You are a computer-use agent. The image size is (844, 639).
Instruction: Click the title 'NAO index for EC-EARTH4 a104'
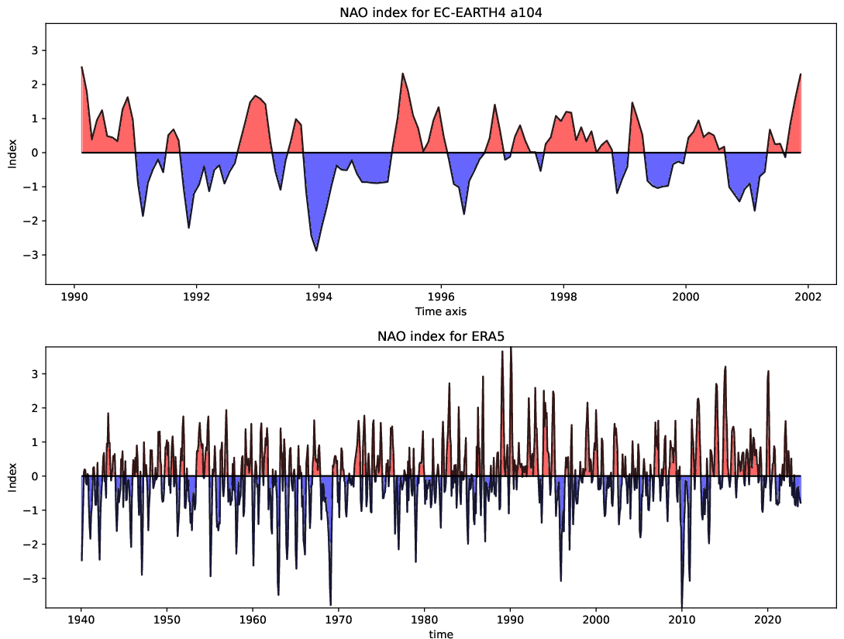point(441,12)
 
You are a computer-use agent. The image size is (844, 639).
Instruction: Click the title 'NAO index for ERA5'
point(441,336)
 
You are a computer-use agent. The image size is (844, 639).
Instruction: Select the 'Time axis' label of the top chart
point(441,311)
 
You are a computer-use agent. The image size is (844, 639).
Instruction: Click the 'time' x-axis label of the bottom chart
point(441,634)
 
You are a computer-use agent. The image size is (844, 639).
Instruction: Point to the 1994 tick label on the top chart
point(319,297)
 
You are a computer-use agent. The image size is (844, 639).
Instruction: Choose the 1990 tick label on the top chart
point(74,297)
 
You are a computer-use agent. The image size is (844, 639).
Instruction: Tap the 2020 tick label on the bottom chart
point(767,620)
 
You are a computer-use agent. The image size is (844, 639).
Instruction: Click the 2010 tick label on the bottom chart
point(681,620)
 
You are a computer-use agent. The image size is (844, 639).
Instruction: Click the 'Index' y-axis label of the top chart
point(12,153)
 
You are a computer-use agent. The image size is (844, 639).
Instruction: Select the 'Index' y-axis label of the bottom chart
point(12,476)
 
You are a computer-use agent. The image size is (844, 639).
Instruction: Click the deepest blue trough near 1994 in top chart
point(316,250)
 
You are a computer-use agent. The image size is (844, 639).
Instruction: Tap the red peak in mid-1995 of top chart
point(403,74)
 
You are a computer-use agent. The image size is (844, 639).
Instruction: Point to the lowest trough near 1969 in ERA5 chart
point(330,603)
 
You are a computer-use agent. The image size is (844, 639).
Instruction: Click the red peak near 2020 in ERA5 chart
point(768,372)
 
